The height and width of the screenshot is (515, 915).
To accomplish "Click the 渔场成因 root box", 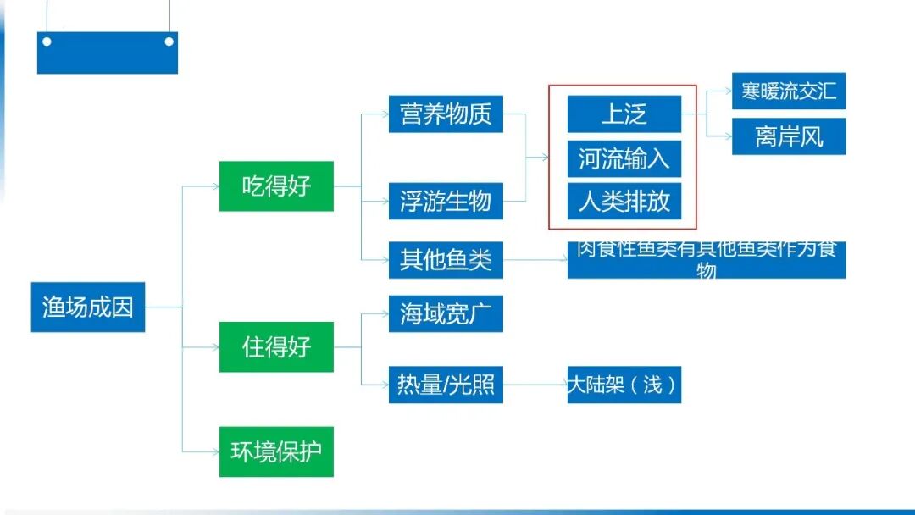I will tap(88, 307).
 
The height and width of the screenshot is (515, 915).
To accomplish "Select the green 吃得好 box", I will tap(276, 186).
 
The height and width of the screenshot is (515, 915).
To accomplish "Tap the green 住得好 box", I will tap(276, 346).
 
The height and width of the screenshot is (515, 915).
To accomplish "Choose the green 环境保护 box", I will tap(276, 451).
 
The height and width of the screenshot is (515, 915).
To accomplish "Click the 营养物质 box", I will tap(446, 114).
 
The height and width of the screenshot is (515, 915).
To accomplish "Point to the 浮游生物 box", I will tap(446, 201).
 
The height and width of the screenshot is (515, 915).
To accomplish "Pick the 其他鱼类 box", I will tap(446, 259).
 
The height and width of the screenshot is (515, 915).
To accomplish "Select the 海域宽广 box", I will tap(446, 314).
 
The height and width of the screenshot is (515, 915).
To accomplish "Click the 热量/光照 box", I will tap(446, 385).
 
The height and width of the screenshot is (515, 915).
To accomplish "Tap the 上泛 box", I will tap(624, 114).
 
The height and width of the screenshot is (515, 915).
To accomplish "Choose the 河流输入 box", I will tap(624, 158).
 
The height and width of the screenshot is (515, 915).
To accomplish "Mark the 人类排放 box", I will tap(624, 202).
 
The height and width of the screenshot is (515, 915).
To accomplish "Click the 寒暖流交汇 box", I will tap(788, 91).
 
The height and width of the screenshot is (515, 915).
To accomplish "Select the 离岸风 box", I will tap(788, 136).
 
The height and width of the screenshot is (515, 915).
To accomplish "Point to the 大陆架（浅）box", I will tap(624, 385).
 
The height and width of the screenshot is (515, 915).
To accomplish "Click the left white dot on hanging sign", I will tap(47, 41).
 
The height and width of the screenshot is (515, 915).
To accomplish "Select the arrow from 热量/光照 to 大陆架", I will tap(535, 385).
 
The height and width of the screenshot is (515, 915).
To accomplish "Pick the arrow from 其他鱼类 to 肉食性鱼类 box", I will tap(535, 259).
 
